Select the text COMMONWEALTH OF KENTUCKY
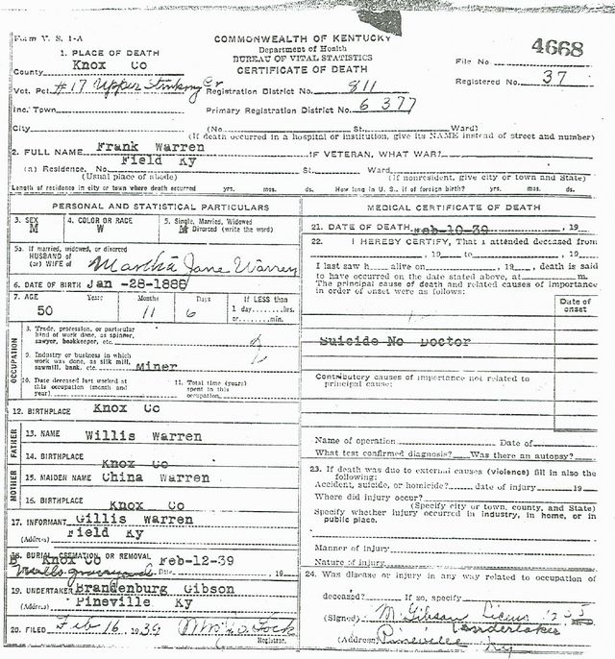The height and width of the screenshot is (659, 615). pos(302,37)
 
